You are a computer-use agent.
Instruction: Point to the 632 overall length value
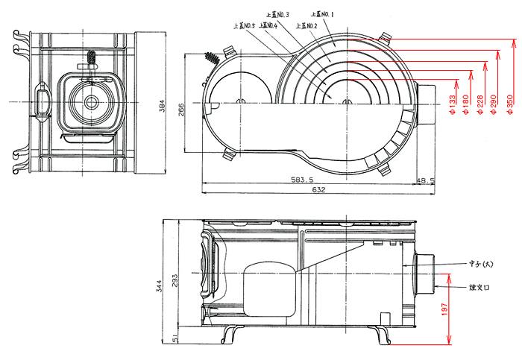(x=318, y=191)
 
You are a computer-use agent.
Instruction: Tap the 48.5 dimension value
(x=424, y=180)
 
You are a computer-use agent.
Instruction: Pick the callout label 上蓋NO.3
(x=277, y=14)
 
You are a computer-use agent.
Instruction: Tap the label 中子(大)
(x=480, y=264)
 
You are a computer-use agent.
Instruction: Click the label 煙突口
(x=479, y=286)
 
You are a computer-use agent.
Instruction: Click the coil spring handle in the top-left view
(x=91, y=58)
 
